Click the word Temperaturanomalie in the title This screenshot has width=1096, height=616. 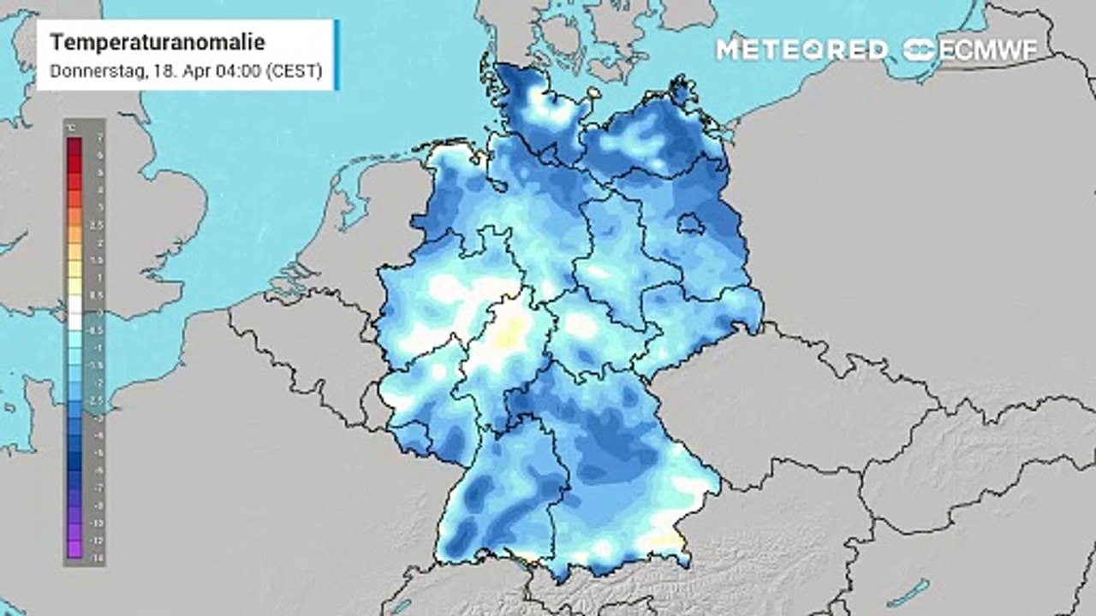pyautogui.click(x=157, y=43)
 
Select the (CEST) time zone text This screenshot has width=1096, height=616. pyautogui.click(x=295, y=72)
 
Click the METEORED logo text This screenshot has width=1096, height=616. pyautogui.click(x=801, y=50)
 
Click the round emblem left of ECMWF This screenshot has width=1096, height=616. pyautogui.click(x=920, y=50)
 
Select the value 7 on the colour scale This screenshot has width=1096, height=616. pyautogui.click(x=100, y=138)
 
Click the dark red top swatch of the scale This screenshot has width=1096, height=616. pyautogui.click(x=74, y=145)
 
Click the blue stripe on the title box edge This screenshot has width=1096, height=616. pyautogui.click(x=337, y=55)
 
